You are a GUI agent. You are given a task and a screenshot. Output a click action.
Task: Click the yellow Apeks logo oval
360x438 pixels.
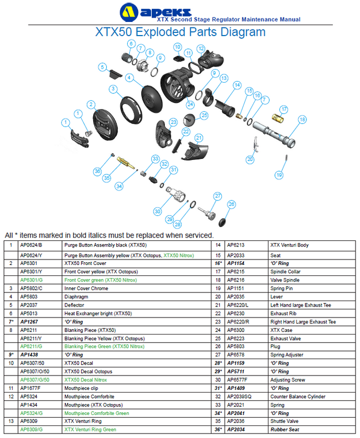click(x=129, y=13)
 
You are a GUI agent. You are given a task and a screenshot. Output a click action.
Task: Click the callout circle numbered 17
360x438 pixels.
click(x=284, y=109)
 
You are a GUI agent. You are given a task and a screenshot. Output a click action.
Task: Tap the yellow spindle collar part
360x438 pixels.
click(x=278, y=118)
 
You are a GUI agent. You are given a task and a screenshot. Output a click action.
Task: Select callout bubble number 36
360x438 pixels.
click(x=97, y=171)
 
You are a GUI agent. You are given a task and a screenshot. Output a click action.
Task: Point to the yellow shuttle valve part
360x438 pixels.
click(x=125, y=163)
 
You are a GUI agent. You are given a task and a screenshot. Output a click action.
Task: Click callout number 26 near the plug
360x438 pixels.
click(x=231, y=204)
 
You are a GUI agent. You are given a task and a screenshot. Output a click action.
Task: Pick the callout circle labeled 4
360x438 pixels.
click(x=129, y=77)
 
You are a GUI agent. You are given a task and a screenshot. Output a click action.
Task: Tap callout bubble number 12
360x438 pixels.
click(x=201, y=49)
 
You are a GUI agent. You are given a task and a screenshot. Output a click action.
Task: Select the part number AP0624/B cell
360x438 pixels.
click(x=31, y=245)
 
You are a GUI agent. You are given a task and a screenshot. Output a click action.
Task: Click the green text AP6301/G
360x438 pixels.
click(x=31, y=280)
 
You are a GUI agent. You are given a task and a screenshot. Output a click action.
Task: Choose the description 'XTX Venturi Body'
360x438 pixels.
click(x=289, y=245)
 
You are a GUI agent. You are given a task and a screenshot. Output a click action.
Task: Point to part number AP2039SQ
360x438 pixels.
click(x=239, y=396)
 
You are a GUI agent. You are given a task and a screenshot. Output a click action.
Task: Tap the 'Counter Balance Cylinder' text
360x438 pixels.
click(x=298, y=396)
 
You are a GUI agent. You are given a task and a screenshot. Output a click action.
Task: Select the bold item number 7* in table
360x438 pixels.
click(x=11, y=322)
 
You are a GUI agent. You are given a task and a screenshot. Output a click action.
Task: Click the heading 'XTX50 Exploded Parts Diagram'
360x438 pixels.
click(x=180, y=32)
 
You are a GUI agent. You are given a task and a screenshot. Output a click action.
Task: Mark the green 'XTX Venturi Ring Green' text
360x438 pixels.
click(x=90, y=430)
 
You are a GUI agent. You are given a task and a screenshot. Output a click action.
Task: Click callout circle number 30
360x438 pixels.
click(x=157, y=211)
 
